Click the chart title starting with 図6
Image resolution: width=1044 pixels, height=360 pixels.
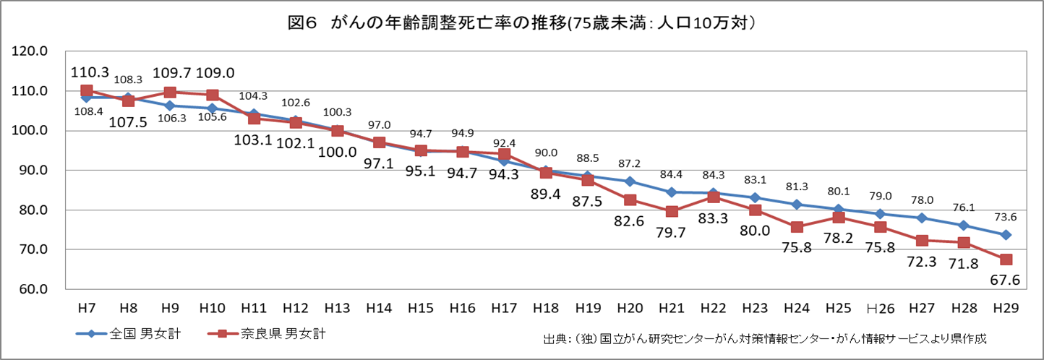point(521,23)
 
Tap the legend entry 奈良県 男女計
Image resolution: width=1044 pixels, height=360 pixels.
point(274,334)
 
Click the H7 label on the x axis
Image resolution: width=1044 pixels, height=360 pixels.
point(86,308)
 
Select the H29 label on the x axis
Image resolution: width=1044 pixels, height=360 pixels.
point(1006,308)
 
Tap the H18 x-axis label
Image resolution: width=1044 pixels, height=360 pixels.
point(546,308)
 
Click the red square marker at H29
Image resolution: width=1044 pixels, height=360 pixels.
point(1006,260)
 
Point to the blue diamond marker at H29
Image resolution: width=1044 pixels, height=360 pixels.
point(1006,235)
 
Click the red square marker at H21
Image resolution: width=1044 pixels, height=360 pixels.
point(672,212)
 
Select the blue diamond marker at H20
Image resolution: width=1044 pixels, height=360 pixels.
point(630,181)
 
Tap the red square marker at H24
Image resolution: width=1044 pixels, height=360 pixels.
point(797,227)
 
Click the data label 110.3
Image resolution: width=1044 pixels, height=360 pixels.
point(90,72)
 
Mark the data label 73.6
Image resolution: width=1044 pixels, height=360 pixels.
point(1006,216)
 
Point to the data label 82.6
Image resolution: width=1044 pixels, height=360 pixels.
point(630,222)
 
